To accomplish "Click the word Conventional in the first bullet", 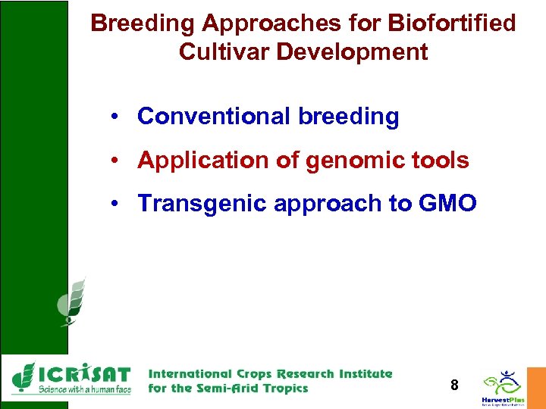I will point(214,117).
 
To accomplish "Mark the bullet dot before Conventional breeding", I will point(111,117).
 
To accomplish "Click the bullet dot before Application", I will point(111,161).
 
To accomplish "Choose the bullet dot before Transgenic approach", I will point(111,204).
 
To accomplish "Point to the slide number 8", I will point(454,386).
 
